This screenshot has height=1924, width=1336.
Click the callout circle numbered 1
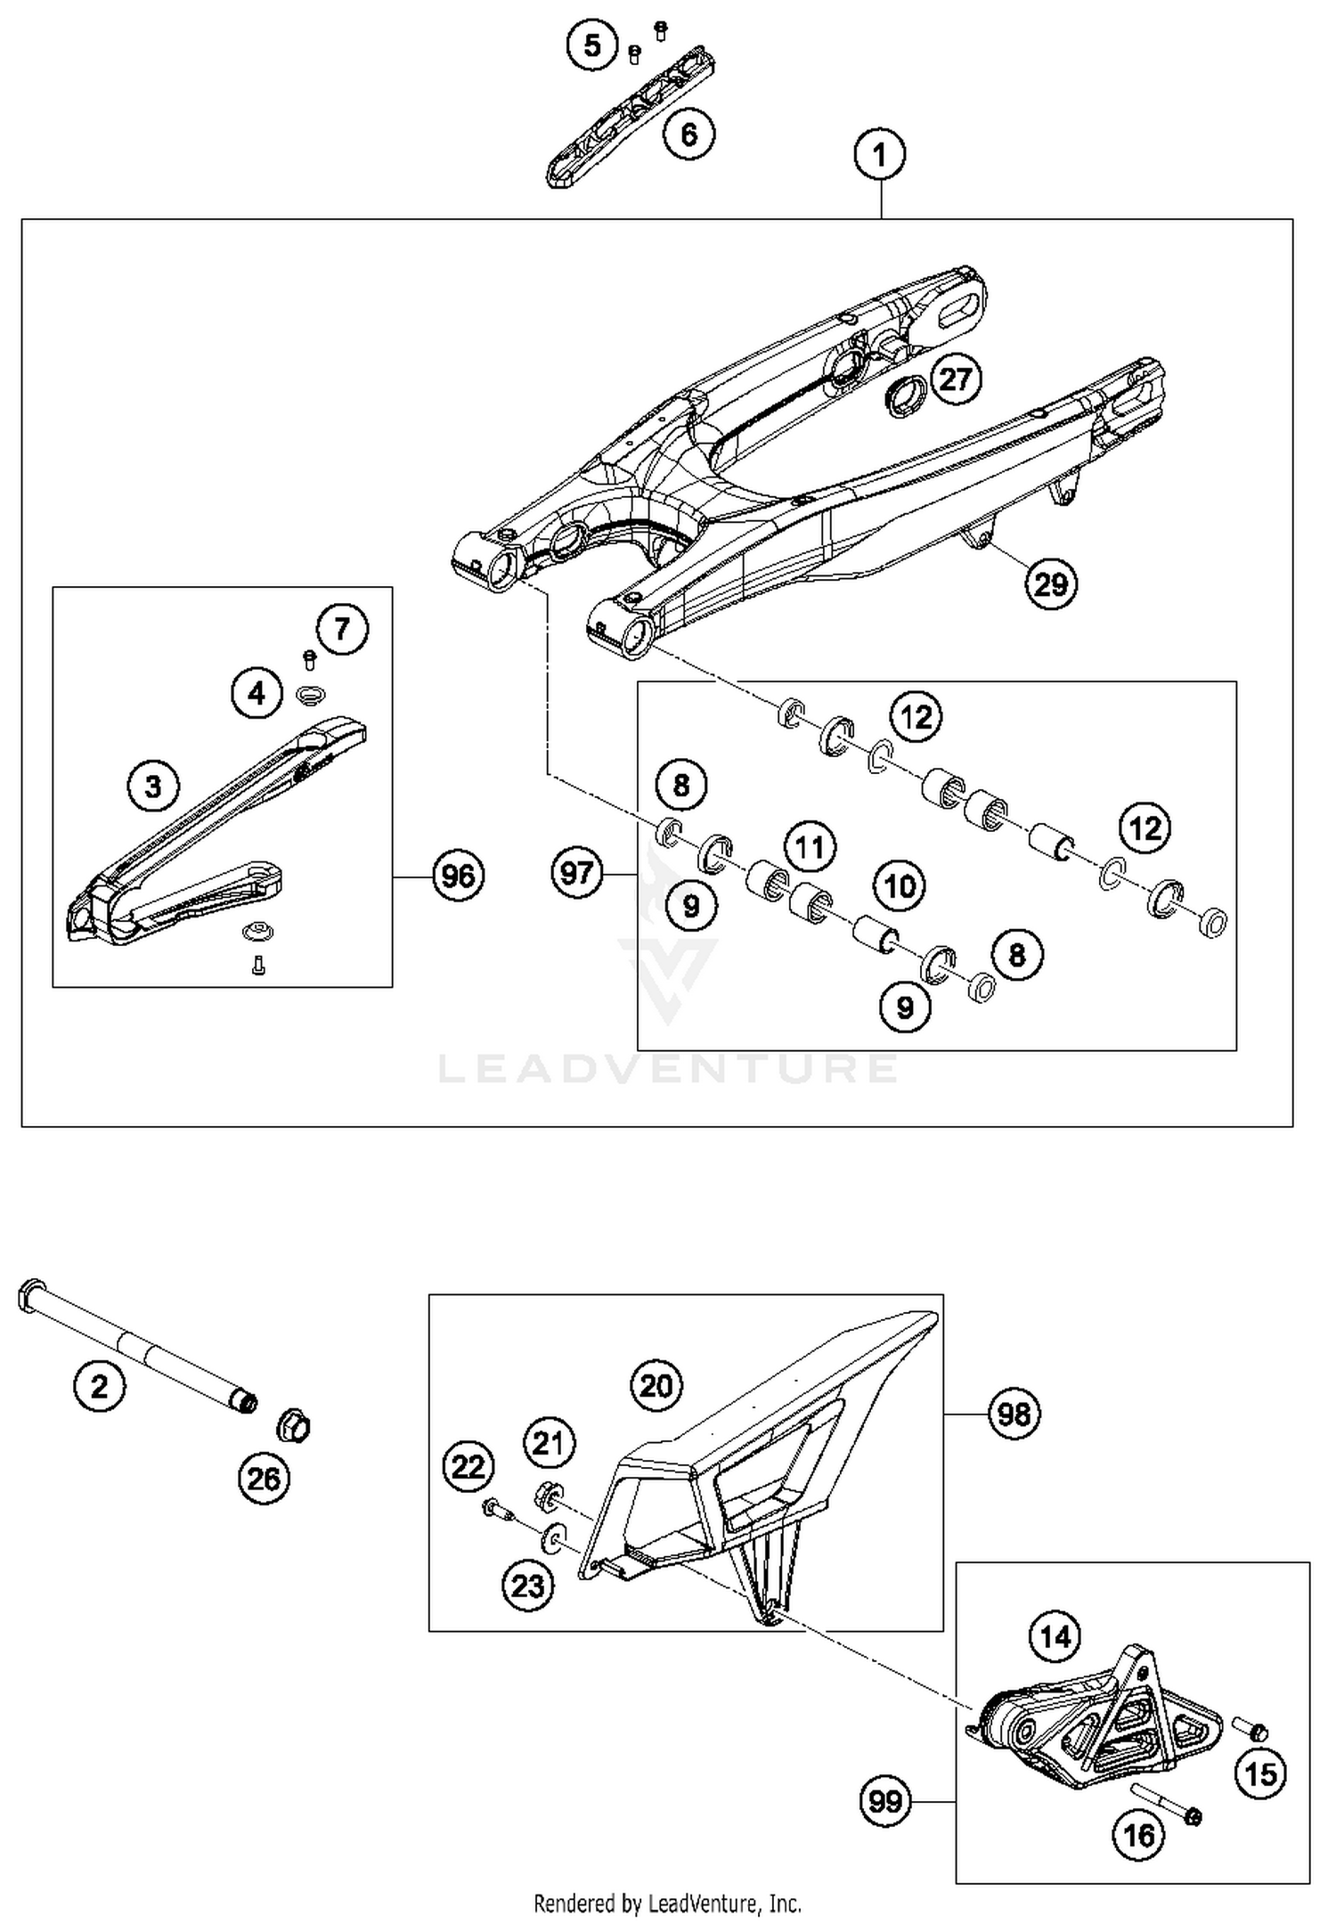(880, 156)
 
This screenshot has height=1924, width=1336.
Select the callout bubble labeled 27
(956, 379)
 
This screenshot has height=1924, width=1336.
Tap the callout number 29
(1051, 584)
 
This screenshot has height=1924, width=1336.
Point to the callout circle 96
(458, 876)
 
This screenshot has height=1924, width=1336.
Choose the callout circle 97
(577, 872)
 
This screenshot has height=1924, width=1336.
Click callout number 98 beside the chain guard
(1014, 1414)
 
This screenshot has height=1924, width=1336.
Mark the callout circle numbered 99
(885, 1802)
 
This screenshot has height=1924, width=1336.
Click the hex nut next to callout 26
(294, 1426)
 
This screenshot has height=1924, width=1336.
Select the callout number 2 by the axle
(99, 1387)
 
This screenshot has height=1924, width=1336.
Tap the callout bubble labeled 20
(656, 1386)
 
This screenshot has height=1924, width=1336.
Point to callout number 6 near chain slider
(688, 135)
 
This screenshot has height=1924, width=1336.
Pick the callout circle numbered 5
(593, 45)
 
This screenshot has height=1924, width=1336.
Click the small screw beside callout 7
(310, 660)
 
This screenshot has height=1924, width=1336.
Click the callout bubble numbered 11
(810, 846)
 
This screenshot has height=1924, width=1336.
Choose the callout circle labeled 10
(900, 886)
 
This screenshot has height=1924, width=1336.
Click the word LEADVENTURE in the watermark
(668, 1068)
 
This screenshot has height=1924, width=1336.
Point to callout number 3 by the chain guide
(153, 787)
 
